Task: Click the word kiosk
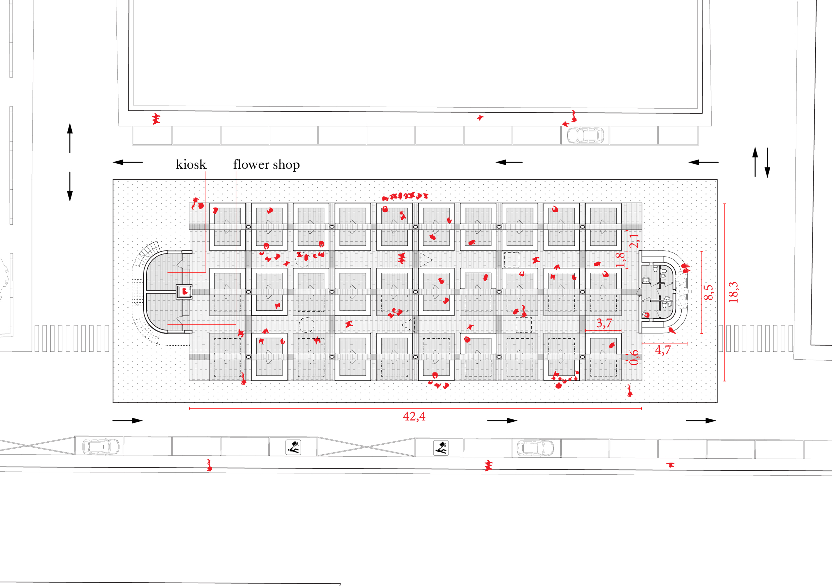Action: tap(191, 165)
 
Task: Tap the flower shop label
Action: tap(266, 165)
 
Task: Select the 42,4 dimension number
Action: tap(414, 416)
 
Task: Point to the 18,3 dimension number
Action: tap(733, 292)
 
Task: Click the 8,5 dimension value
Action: tap(709, 292)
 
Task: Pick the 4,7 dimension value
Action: tap(663, 350)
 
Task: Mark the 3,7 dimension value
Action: tap(604, 323)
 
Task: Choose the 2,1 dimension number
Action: tap(634, 240)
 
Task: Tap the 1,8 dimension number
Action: tap(620, 259)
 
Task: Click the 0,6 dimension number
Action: tap(634, 357)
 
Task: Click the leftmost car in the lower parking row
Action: tap(101, 447)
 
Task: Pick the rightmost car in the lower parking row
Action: tap(535, 448)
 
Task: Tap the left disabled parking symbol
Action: tap(293, 447)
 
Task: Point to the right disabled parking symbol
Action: tap(441, 448)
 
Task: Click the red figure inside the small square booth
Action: tap(185, 291)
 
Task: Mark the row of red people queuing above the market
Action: tap(405, 196)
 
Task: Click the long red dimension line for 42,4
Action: tap(326, 409)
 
